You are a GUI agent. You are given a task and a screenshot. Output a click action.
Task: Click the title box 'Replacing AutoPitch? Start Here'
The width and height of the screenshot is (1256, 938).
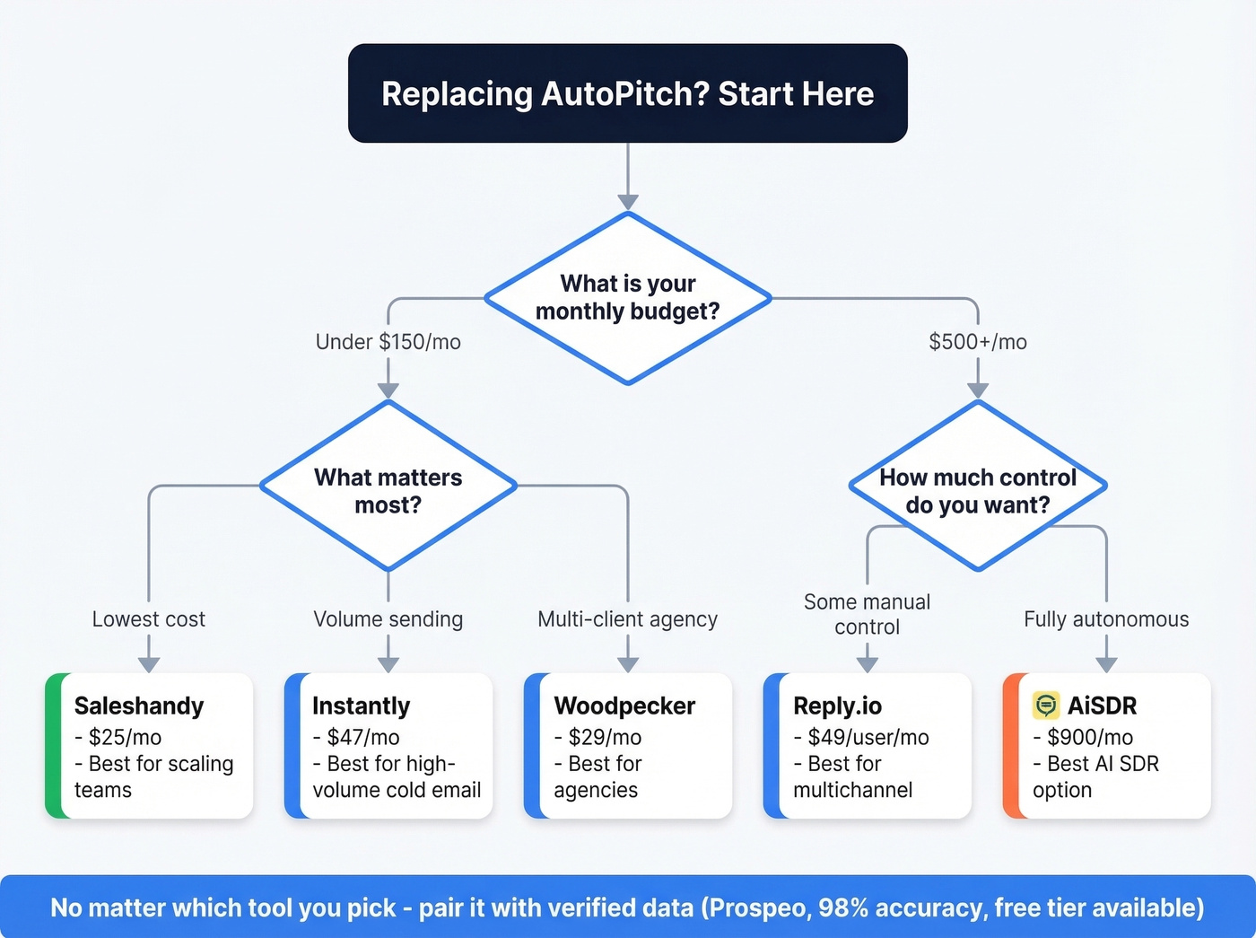click(x=627, y=93)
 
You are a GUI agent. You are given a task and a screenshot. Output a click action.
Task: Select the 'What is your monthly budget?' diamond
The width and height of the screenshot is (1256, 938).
click(x=627, y=298)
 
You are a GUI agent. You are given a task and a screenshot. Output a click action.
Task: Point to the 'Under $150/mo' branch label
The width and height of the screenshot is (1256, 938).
click(x=388, y=342)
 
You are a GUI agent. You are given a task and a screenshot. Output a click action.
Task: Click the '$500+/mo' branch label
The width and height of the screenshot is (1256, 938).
click(x=977, y=342)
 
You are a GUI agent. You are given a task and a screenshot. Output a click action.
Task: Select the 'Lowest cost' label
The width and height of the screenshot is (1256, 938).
click(x=149, y=619)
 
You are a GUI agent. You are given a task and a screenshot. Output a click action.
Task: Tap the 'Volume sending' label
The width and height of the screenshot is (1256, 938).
click(x=388, y=619)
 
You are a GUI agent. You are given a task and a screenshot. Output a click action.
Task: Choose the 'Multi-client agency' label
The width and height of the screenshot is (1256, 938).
click(x=627, y=619)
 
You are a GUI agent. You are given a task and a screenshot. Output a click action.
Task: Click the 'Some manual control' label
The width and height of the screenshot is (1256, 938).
click(x=867, y=614)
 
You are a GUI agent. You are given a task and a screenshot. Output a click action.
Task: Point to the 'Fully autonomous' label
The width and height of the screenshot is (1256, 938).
click(x=1106, y=619)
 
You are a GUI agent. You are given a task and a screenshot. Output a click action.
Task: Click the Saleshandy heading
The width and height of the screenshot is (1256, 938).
click(x=139, y=706)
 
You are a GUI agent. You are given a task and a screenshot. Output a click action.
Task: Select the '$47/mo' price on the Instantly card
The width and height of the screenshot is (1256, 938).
click(x=362, y=738)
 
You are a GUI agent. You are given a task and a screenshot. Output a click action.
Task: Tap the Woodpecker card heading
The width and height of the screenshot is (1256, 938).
click(x=624, y=706)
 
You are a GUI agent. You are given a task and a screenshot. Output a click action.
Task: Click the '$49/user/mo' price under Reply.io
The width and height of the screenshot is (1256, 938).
click(x=868, y=738)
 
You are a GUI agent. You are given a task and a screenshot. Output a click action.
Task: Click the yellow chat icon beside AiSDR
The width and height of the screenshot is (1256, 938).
click(x=1046, y=706)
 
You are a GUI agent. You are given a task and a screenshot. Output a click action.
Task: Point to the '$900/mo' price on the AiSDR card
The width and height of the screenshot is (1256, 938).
click(x=1089, y=738)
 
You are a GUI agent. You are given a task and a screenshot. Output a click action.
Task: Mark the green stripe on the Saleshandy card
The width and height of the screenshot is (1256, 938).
click(x=53, y=746)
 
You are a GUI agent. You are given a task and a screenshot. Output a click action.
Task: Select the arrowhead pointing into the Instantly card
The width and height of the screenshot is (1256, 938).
click(x=388, y=664)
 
